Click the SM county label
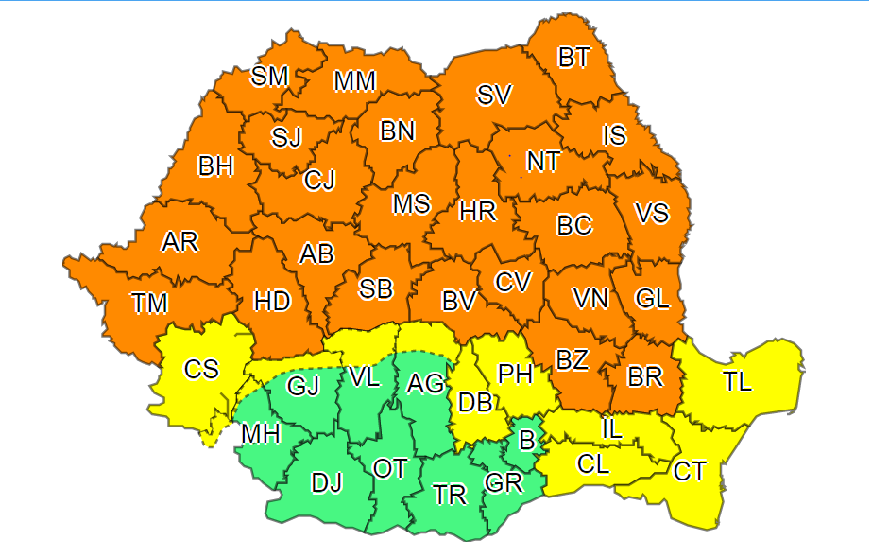pos(269,77)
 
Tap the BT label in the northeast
pos(573,58)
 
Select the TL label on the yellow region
pos(738,382)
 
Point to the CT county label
pos(690,470)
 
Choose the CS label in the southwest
pos(201,369)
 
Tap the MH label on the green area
pos(260,434)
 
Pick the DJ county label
pos(326,483)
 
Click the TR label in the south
pos(450,495)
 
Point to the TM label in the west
pos(149,304)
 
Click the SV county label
pos(494,95)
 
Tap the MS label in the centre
pos(412,203)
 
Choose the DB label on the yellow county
pos(475,403)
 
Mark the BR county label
pos(645,376)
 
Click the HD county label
pos(272,302)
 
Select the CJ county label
pos(319,180)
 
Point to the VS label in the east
pos(651,214)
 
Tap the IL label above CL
pos(612,428)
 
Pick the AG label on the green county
pos(425,384)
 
